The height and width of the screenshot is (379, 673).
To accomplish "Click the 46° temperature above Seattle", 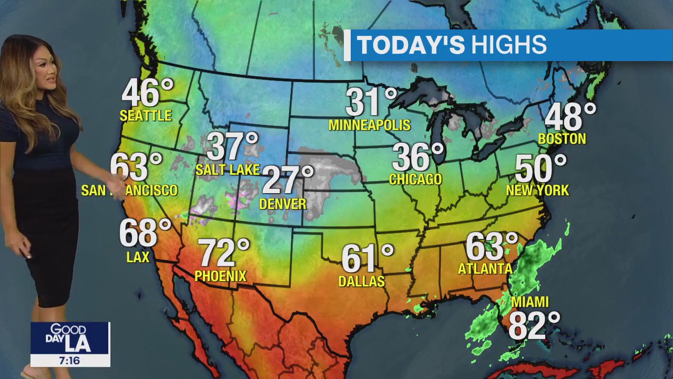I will click(x=147, y=94).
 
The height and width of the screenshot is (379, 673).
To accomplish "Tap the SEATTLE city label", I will click(x=146, y=116).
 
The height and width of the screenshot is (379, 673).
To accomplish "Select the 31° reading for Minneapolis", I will click(x=371, y=102).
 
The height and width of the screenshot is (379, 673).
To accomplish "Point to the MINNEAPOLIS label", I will click(x=369, y=125).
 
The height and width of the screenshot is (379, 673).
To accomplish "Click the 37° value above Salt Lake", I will click(x=232, y=147).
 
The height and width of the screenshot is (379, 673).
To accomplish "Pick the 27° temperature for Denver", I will click(x=287, y=180).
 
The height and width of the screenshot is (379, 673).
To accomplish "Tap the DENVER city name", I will click(x=283, y=204).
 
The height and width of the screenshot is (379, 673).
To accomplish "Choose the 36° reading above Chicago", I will click(x=418, y=157).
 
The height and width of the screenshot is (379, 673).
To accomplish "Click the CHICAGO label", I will click(x=415, y=179).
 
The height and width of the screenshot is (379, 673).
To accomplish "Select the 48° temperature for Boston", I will click(x=570, y=117).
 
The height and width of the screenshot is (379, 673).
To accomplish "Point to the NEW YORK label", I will click(x=537, y=191).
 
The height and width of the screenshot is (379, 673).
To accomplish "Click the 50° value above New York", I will click(x=541, y=168).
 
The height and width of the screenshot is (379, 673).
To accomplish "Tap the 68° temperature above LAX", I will click(x=145, y=233).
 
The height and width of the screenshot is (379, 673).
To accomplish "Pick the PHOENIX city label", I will click(x=220, y=276).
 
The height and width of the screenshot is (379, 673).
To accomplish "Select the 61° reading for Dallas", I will click(x=367, y=258).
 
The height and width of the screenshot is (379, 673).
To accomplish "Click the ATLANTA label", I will click(x=485, y=269).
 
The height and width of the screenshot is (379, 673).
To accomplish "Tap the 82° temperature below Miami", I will click(x=534, y=326).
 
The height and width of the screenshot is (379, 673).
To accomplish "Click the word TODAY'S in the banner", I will click(x=411, y=45).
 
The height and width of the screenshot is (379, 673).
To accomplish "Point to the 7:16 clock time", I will click(x=69, y=361).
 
